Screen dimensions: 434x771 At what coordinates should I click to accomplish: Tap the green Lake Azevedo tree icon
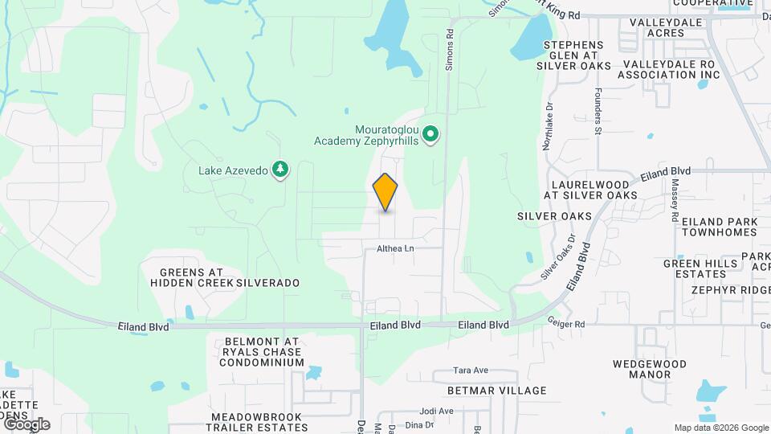(x=280, y=170)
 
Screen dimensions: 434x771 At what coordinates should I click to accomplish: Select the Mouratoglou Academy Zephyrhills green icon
(x=430, y=134)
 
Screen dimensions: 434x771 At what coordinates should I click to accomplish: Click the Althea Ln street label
(x=395, y=249)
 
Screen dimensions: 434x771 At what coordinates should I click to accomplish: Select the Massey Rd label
(x=675, y=202)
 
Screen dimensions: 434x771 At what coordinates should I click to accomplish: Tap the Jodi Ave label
(x=436, y=411)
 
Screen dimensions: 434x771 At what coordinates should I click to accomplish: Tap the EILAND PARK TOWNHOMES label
(x=719, y=227)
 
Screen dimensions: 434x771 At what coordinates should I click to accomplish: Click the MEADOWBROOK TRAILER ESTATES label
(x=256, y=423)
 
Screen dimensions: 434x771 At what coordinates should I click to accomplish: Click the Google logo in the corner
(x=27, y=424)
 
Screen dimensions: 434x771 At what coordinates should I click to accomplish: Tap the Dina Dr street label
(x=419, y=425)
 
